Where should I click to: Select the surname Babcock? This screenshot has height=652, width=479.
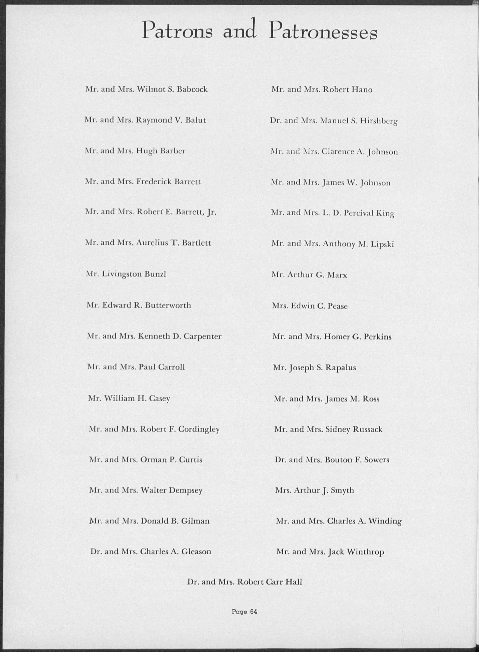[x=192, y=89]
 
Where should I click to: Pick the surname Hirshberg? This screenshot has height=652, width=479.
[x=379, y=121]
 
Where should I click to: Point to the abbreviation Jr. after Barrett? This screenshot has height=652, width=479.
[x=212, y=213]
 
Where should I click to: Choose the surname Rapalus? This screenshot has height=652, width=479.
[x=340, y=368]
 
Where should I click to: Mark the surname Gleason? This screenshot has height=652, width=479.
[x=196, y=552]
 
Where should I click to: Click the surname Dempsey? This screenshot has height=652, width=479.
[x=186, y=491]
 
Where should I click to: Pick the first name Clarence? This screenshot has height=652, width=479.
[x=338, y=152]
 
